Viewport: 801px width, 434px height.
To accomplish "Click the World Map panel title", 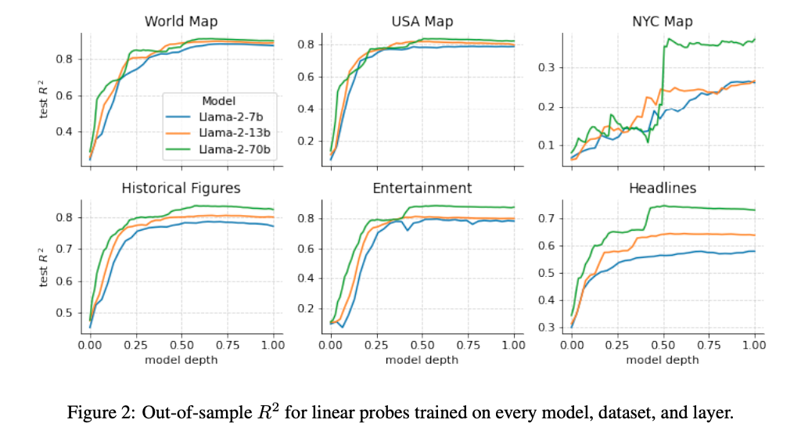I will pyautogui.click(x=181, y=21).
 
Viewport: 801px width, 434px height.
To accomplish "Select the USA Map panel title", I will pyautogui.click(x=422, y=21).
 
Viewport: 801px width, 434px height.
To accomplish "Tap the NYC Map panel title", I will pyautogui.click(x=663, y=21).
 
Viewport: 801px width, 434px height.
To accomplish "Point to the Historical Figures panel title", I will pyautogui.click(x=181, y=188).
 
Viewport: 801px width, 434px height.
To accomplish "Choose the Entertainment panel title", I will pyautogui.click(x=422, y=188).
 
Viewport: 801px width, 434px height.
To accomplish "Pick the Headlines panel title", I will pyautogui.click(x=663, y=188).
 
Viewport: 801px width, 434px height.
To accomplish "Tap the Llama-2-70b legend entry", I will pyautogui.click(x=233, y=147).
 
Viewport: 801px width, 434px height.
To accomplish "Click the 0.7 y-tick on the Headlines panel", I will pyautogui.click(x=551, y=218).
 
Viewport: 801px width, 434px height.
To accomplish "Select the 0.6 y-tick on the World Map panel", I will pyautogui.click(x=68, y=95).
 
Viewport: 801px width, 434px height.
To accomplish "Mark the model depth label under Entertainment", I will pyautogui.click(x=422, y=359).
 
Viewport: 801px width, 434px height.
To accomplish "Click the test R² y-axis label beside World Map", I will pyautogui.click(x=45, y=99).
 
